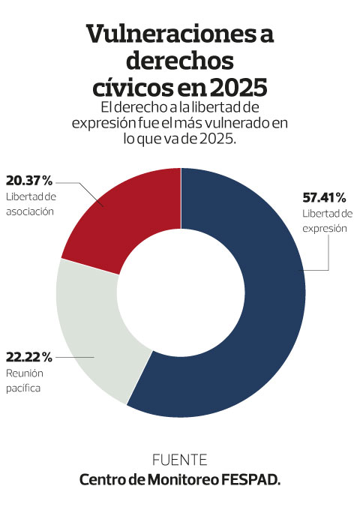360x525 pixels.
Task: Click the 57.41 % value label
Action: [x=324, y=197]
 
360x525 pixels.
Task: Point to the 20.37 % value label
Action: [x=29, y=181]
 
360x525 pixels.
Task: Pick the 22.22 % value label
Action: [x=29, y=357]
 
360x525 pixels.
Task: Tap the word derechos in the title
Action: [x=180, y=61]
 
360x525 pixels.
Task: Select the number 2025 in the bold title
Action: [x=238, y=88]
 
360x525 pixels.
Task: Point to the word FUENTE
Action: [x=180, y=460]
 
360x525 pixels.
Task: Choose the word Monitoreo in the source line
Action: [x=183, y=480]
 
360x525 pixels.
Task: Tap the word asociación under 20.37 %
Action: [x=30, y=211]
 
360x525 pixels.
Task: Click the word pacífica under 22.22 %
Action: [x=23, y=388]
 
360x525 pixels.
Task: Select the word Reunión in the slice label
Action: [x=25, y=373]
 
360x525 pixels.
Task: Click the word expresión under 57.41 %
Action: [x=325, y=229]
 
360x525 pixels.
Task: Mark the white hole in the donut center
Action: [x=181, y=292]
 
